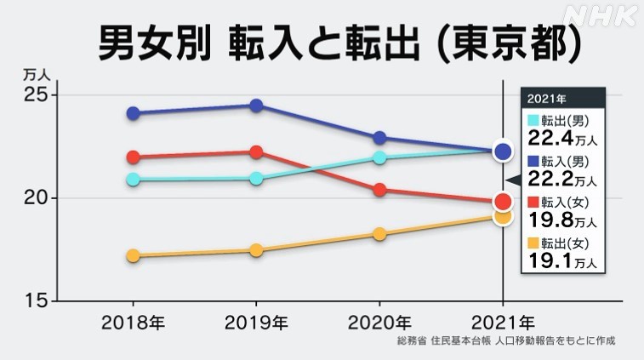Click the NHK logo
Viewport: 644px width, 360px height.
tap(599, 15)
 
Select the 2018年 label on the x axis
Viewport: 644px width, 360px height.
tap(133, 323)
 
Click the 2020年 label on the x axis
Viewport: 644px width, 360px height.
tap(380, 323)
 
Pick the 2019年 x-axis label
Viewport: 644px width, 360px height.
tap(256, 323)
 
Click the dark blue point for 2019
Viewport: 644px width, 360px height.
tap(256, 106)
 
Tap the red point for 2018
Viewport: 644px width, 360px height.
tap(133, 157)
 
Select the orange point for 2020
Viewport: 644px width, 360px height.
tap(379, 234)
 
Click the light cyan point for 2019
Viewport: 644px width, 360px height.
tap(256, 179)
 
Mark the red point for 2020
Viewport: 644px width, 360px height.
tap(379, 190)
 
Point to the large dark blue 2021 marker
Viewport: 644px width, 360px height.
tap(503, 151)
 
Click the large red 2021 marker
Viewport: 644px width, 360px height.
tap(503, 202)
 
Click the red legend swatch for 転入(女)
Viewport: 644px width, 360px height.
tap(533, 203)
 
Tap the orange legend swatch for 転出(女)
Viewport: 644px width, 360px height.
tap(533, 243)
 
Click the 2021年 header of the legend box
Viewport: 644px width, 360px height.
tap(545, 96)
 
